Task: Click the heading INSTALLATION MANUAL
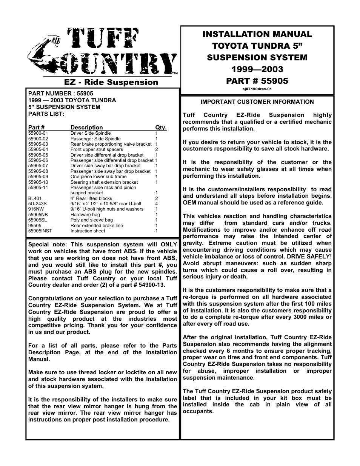tap(257, 34)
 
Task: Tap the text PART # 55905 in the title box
tap(257, 81)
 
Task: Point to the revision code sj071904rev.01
tap(257, 89)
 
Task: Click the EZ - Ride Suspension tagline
tap(111, 82)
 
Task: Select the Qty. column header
tap(161, 128)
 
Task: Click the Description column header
tap(86, 128)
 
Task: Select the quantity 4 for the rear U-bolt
tap(156, 204)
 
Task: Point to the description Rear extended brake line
tap(97, 226)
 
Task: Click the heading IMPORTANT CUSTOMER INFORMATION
tap(257, 102)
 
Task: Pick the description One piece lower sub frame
tap(98, 176)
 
